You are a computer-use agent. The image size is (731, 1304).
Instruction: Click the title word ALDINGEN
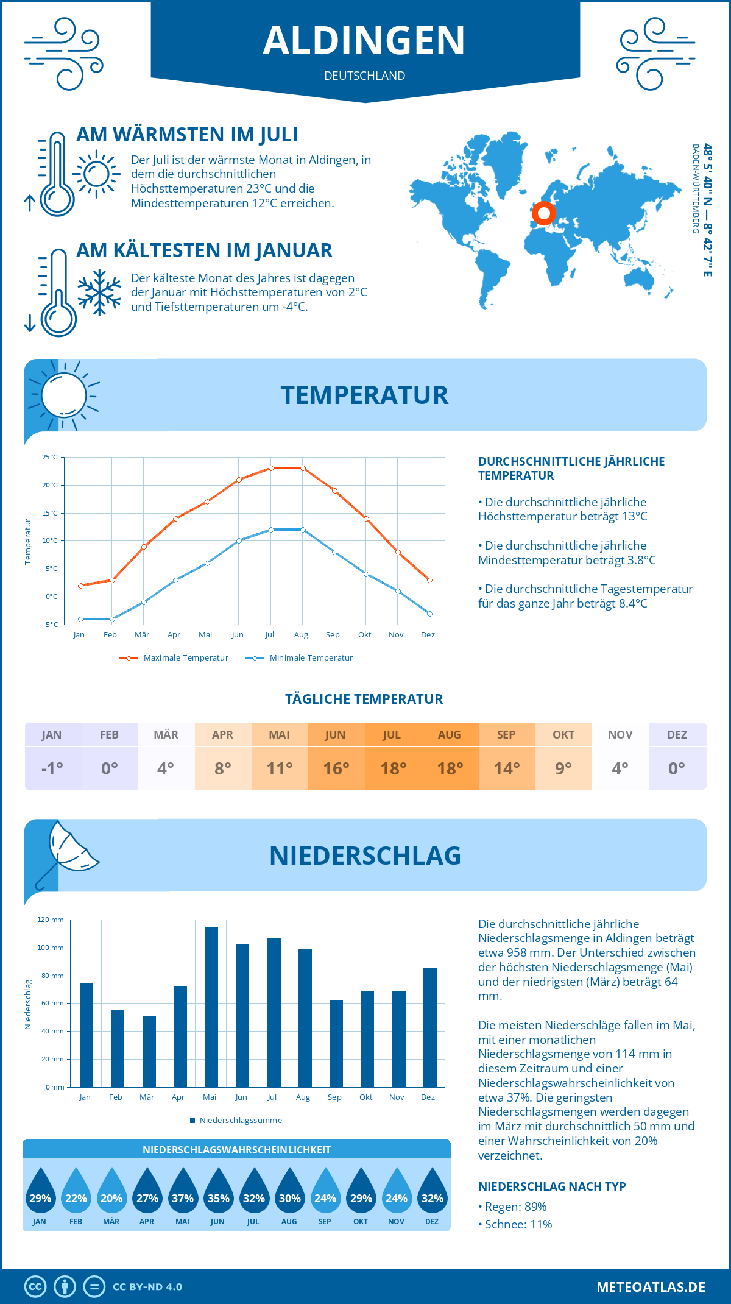point(364,41)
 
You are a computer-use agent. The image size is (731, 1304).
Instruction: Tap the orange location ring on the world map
point(543,214)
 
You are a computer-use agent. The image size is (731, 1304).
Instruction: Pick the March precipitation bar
point(149,1052)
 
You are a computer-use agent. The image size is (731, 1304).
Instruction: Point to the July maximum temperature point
point(271,468)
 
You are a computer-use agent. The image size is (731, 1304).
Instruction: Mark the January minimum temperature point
point(80,619)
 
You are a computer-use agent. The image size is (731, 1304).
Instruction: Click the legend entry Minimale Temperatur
point(311,658)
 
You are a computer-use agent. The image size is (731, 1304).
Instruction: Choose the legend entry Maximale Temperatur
point(185,658)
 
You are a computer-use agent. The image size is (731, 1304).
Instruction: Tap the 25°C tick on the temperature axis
point(50,457)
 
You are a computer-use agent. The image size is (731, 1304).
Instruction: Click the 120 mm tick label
point(51,920)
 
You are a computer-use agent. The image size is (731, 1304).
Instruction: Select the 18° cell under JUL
point(393,768)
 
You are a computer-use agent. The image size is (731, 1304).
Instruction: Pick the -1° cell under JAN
point(52,768)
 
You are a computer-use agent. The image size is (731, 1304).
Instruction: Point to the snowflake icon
point(99,292)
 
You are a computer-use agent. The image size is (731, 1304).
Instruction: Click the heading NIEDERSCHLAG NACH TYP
point(552,1186)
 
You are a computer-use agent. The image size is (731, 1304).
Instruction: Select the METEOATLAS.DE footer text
point(651,1287)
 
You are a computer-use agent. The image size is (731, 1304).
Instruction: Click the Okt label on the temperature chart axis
point(364,635)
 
